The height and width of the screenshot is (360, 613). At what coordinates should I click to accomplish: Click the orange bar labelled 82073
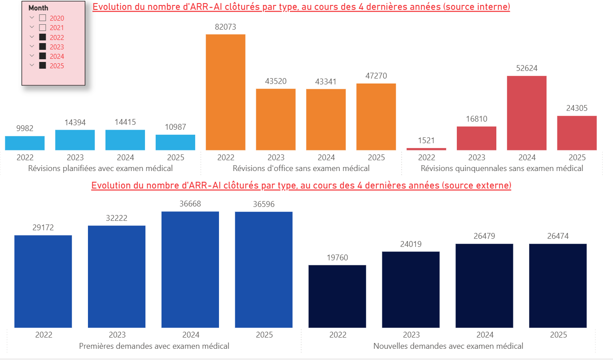225,92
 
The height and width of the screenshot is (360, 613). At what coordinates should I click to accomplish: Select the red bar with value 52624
527,113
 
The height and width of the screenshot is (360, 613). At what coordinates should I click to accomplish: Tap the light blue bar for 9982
25,143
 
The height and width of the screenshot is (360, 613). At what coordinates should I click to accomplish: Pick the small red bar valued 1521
426,149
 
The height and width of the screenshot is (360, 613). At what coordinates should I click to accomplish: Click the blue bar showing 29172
43,281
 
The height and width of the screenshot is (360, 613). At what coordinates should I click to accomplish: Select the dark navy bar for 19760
337,296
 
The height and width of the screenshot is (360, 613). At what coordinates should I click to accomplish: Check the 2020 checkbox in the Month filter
43,18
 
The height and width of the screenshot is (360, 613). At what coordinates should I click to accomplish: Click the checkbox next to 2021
43,28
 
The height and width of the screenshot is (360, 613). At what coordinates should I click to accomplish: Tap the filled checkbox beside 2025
43,66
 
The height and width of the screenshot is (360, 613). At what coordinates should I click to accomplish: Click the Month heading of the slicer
38,8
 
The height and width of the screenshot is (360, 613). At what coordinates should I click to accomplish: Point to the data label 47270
376,76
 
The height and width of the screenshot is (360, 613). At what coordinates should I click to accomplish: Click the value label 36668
190,204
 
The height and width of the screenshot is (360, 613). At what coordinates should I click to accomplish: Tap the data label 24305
577,108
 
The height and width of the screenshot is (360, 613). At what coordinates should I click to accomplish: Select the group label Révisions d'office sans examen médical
301,168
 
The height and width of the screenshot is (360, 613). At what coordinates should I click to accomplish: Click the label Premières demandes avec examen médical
154,346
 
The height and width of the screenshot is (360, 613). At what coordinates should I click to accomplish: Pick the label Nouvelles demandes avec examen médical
448,346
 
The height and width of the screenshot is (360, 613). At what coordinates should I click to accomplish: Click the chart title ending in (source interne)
301,7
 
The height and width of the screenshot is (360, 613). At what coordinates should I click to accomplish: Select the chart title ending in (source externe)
301,185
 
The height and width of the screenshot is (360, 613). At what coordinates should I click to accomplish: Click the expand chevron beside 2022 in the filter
32,37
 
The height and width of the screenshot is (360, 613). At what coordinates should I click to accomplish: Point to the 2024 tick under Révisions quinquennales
527,158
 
